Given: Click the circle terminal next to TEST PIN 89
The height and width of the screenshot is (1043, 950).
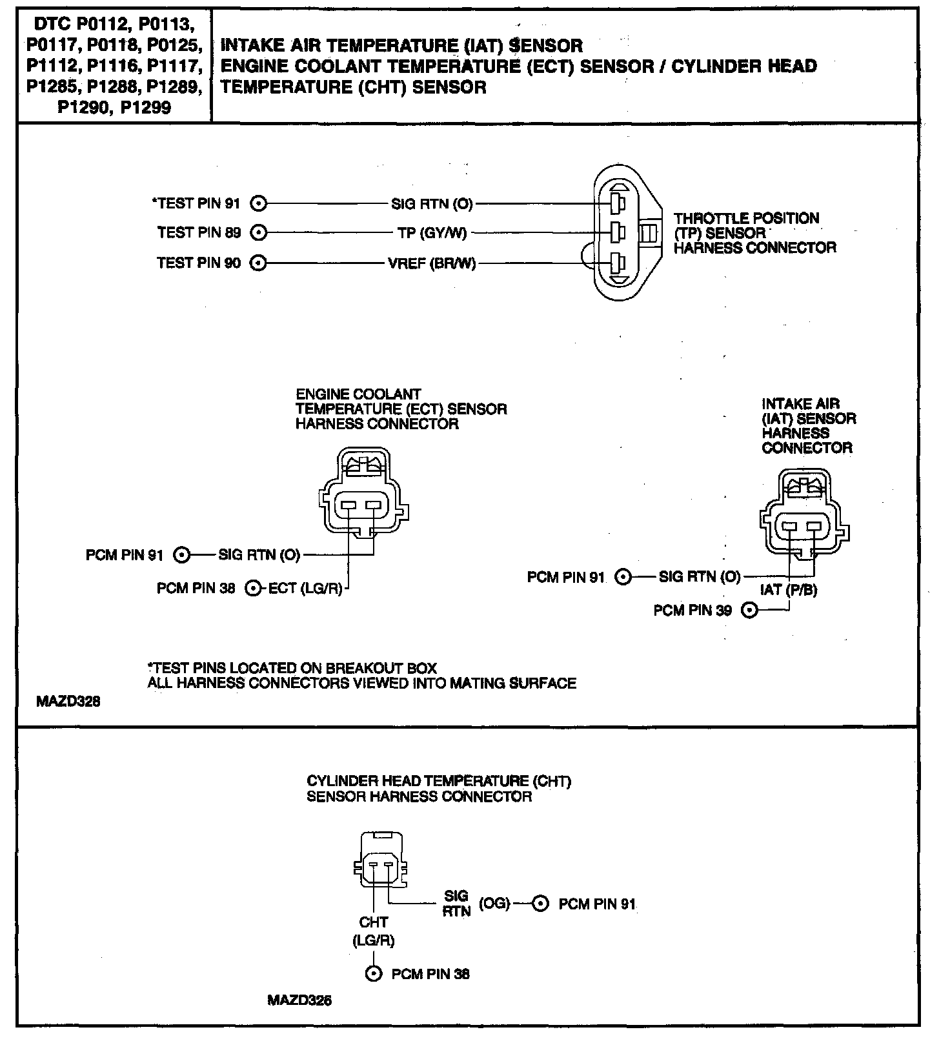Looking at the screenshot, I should pyautogui.click(x=258, y=232).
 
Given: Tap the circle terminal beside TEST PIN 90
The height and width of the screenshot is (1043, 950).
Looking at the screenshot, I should pyautogui.click(x=258, y=263).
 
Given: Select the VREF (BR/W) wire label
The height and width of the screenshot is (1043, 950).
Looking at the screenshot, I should pyautogui.click(x=432, y=263).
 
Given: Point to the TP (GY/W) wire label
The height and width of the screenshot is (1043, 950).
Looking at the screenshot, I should pyautogui.click(x=432, y=233).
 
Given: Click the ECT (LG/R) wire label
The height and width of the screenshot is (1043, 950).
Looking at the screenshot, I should pyautogui.click(x=305, y=588).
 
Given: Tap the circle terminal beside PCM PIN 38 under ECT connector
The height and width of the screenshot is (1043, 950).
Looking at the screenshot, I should pyautogui.click(x=254, y=588).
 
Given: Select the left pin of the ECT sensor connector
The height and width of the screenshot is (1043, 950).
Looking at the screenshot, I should pyautogui.click(x=348, y=505).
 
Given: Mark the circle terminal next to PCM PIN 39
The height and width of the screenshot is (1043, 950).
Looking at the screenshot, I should pyautogui.click(x=749, y=610).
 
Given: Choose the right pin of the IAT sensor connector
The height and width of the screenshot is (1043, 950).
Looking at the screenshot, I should pyautogui.click(x=813, y=527).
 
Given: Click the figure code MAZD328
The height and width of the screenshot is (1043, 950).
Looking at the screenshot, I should pyautogui.click(x=68, y=701).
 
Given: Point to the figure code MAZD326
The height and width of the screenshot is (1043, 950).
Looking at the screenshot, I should pyautogui.click(x=299, y=1000).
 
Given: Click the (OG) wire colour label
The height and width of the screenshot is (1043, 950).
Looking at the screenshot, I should pyautogui.click(x=495, y=904).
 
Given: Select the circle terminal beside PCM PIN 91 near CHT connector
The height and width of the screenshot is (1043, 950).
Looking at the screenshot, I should pyautogui.click(x=540, y=904).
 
